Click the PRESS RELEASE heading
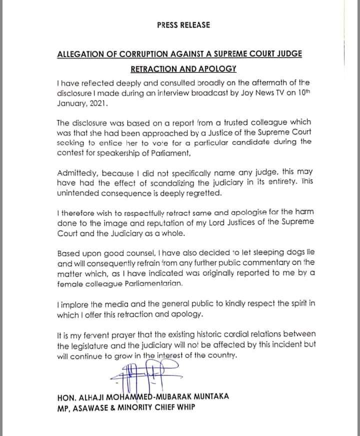click(183, 25)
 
